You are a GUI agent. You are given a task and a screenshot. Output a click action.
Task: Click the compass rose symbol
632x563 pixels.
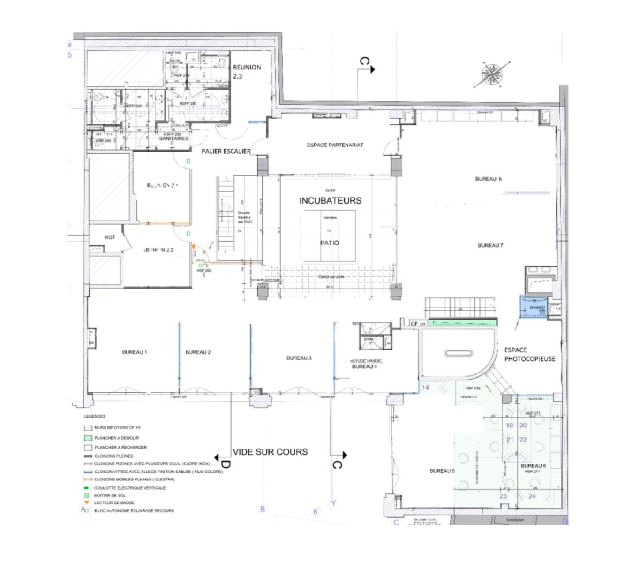[491, 75]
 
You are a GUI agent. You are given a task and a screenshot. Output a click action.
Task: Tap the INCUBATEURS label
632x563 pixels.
[330, 200]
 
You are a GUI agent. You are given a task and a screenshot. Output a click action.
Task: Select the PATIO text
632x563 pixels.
[329, 243]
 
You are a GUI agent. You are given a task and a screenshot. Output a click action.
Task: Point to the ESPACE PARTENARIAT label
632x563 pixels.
[335, 145]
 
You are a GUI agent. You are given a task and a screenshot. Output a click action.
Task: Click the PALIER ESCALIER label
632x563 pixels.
[226, 151]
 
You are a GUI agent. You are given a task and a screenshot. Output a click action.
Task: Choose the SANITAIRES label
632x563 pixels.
[173, 138]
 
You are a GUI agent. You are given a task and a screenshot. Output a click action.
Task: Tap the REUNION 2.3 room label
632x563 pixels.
[247, 71]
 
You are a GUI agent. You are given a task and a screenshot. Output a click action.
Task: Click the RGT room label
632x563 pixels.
[110, 237]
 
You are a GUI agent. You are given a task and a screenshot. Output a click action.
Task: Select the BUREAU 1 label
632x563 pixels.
[135, 352]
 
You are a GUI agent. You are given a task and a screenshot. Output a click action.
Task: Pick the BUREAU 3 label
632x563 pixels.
[299, 358]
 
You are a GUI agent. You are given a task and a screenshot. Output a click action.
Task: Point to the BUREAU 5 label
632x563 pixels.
[442, 471]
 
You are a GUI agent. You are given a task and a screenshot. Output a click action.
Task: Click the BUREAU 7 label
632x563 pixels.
[490, 245]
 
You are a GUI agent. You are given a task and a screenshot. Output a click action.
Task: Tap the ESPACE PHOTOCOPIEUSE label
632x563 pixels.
[529, 354]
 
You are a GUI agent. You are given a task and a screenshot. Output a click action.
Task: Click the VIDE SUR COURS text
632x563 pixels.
[270, 452]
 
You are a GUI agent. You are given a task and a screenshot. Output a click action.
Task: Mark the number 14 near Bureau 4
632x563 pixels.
[425, 388]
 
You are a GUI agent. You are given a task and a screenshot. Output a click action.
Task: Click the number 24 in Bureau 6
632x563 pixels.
[532, 496]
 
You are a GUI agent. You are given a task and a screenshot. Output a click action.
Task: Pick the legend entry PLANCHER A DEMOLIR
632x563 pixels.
[116, 438]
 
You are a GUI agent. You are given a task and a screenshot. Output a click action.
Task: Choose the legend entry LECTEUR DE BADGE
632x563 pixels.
[114, 502]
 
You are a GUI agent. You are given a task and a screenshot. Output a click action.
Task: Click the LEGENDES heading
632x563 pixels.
[95, 416]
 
